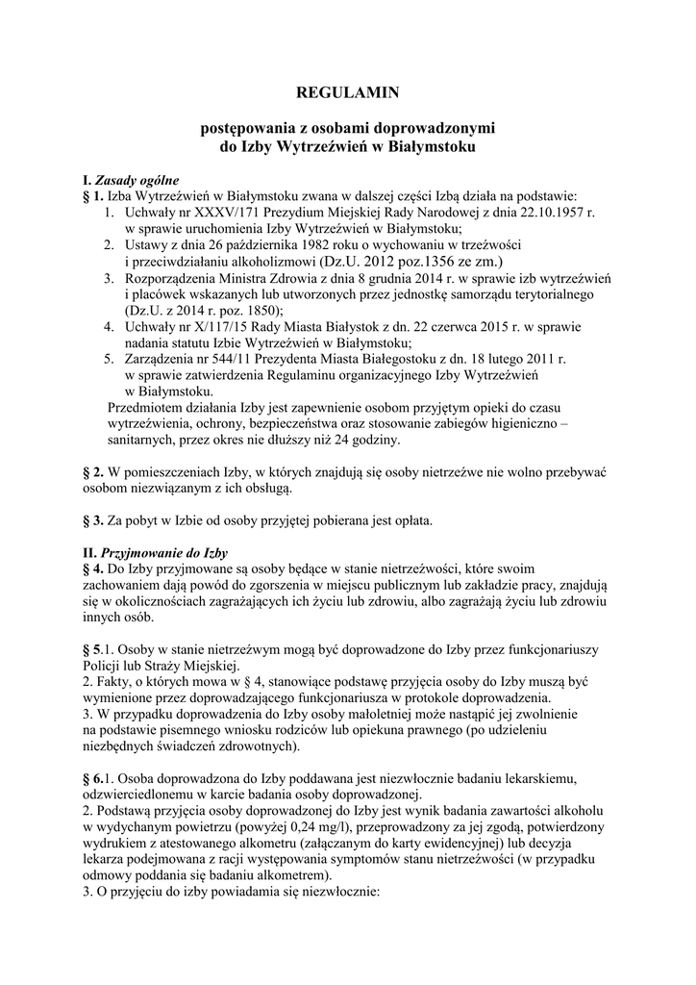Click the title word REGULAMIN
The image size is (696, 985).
(x=348, y=92)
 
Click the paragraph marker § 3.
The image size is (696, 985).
(x=93, y=521)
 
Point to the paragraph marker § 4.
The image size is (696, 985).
(x=93, y=569)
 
